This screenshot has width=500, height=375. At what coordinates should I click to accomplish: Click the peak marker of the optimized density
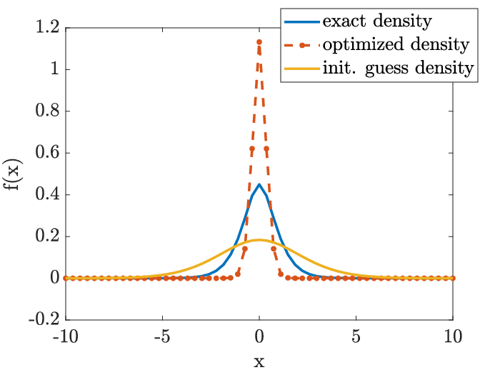[x=259, y=42]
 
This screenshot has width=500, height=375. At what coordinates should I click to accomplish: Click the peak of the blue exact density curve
[x=259, y=184]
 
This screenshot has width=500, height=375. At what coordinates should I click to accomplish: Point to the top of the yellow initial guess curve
[x=259, y=240]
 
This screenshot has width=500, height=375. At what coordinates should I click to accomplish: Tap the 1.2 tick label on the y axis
[x=48, y=27]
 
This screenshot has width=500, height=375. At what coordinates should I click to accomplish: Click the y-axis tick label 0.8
[x=48, y=111]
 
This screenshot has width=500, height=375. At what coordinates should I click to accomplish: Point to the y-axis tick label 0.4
[x=48, y=194]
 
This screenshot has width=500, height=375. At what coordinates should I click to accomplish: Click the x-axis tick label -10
[x=66, y=336]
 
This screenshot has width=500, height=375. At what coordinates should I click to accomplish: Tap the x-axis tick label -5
[x=162, y=336]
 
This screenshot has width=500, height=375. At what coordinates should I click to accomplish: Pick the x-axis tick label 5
[x=356, y=336]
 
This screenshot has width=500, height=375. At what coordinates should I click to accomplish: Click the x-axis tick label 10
[x=453, y=336]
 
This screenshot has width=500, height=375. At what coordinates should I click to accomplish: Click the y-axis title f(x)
[x=13, y=174]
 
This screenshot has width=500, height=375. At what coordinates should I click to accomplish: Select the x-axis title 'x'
[x=259, y=362]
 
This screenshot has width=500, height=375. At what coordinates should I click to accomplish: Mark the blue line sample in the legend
[x=301, y=21]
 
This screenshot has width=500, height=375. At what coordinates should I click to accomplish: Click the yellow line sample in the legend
[x=301, y=69]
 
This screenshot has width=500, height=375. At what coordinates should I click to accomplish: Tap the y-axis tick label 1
[x=55, y=69]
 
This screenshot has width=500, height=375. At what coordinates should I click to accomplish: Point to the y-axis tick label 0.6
[x=48, y=152]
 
